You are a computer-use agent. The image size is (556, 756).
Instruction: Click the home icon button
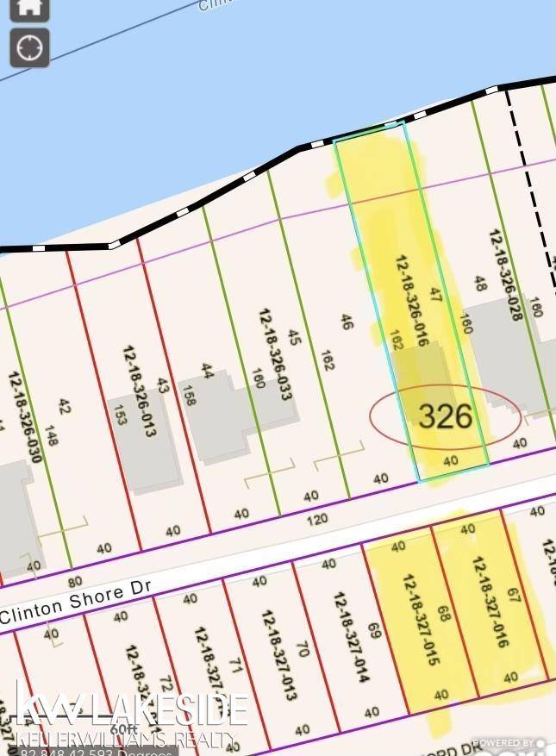pyautogui.click(x=29, y=8)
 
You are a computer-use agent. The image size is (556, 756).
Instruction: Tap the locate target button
pyautogui.click(x=29, y=47)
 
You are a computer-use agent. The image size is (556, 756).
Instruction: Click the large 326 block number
pyautogui.click(x=446, y=416)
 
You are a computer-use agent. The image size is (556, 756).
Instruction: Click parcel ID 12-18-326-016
pyautogui.click(x=412, y=300)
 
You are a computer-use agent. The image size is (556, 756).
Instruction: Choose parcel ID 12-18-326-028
pyautogui.click(x=506, y=274)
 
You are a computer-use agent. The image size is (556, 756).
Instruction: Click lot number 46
pyautogui.click(x=347, y=322)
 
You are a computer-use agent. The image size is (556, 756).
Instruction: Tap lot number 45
pyautogui.click(x=294, y=337)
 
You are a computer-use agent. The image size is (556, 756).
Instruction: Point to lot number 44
pyautogui.click(x=207, y=369)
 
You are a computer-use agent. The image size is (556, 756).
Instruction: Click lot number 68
pyautogui.click(x=445, y=615)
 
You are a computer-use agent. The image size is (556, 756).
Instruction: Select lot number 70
pyautogui.click(x=302, y=648)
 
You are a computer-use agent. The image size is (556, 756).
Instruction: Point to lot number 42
pyautogui.click(x=63, y=405)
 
